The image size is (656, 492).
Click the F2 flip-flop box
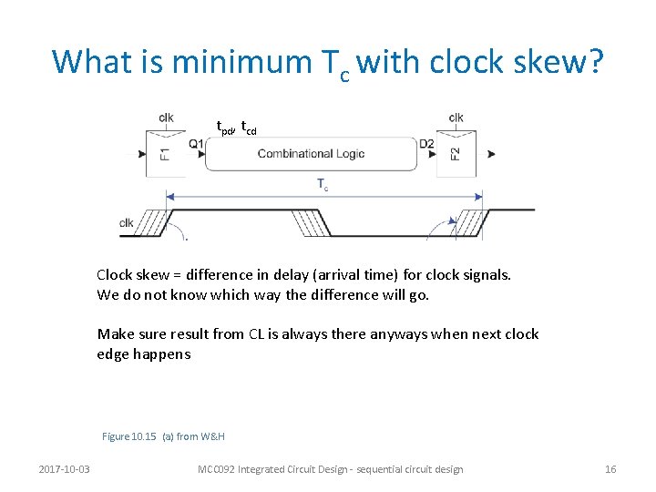point(456,153)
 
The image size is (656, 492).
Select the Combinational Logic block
point(311,154)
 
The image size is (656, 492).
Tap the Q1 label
point(196,143)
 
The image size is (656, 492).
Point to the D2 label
point(426,143)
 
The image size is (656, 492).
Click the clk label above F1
point(166,117)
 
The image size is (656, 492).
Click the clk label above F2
point(456,117)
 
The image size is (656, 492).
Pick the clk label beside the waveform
point(127,223)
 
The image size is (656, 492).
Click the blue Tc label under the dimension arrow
point(323,185)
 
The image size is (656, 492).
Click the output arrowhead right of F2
point(492,153)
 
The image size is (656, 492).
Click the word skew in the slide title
point(557,61)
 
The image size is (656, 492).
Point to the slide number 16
point(610,469)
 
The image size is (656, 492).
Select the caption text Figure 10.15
point(129,436)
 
